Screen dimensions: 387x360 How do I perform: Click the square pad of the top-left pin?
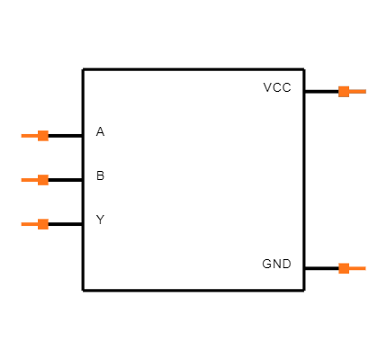[43, 136]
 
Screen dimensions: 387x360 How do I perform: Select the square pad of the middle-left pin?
[43, 180]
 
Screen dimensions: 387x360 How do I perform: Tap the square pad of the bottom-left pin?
[43, 224]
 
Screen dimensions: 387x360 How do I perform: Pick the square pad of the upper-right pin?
[344, 91]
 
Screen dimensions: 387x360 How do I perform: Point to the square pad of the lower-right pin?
[344, 268]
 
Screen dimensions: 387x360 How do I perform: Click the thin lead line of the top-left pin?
[29, 136]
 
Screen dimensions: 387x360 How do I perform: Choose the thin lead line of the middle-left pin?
[29, 180]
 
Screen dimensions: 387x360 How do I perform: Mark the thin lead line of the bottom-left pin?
[29, 224]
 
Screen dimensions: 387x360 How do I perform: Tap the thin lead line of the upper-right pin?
[357, 91]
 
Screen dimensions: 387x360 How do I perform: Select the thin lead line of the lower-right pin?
[357, 268]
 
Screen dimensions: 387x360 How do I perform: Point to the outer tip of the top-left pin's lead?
[22, 136]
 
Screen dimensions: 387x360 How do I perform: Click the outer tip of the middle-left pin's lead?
[22, 180]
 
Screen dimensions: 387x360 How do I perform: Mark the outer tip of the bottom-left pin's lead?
[22, 224]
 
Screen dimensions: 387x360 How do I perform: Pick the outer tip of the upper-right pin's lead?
[365, 91]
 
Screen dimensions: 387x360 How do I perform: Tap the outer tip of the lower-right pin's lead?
[365, 268]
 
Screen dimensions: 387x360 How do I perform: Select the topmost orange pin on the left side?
[35, 136]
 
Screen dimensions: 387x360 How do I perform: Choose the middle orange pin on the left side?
[35, 180]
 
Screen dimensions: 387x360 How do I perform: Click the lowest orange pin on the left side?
[35, 224]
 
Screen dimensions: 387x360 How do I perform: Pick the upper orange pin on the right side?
[352, 91]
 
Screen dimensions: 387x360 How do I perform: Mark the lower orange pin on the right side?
[352, 268]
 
